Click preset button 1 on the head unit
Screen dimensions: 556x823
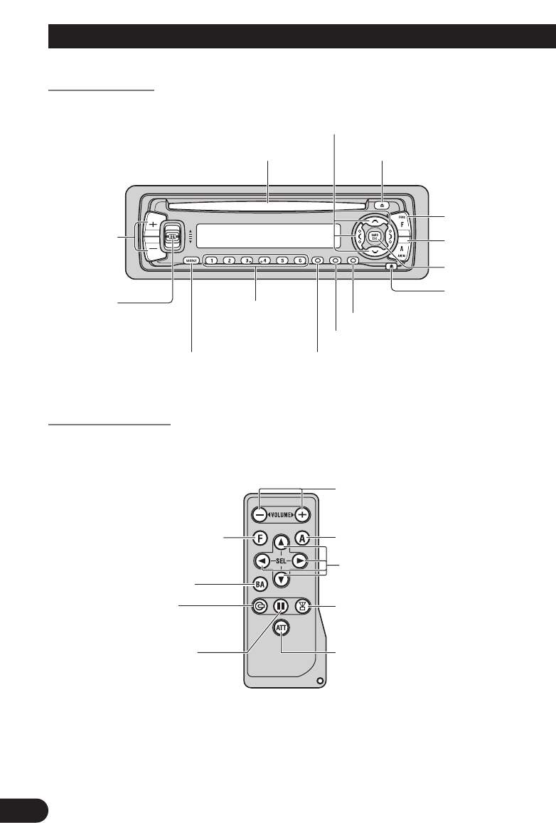(211, 260)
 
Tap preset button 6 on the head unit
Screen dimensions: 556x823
(299, 260)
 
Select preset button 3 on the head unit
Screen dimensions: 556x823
(246, 260)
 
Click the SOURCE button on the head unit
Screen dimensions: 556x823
(191, 260)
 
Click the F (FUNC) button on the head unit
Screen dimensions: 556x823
(402, 223)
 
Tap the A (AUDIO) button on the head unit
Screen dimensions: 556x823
(402, 247)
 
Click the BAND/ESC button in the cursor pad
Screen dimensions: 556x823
(375, 236)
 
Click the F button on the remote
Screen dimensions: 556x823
(261, 538)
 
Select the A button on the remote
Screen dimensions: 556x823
(303, 538)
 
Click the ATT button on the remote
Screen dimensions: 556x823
(282, 630)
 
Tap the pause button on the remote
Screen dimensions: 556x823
(282, 607)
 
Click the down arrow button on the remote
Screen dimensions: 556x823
(282, 578)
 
